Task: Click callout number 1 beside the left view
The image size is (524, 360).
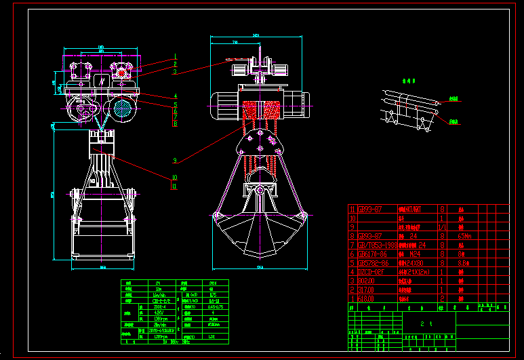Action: (x=175, y=56)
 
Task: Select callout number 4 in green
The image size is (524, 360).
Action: (x=175, y=96)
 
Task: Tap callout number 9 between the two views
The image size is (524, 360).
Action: (x=175, y=161)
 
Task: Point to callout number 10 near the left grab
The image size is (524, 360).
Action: (x=175, y=177)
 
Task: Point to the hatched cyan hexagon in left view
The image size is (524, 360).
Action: (x=122, y=107)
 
